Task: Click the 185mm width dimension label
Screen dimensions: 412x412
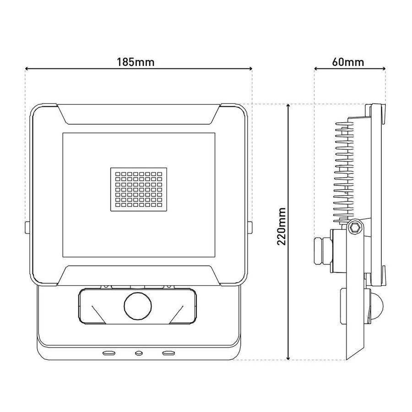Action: click(136, 62)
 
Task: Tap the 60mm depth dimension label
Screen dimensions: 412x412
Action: click(348, 62)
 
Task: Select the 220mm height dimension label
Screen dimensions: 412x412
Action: click(282, 226)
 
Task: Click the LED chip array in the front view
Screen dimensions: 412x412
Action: click(139, 190)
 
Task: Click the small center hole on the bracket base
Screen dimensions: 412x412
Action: click(138, 353)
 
